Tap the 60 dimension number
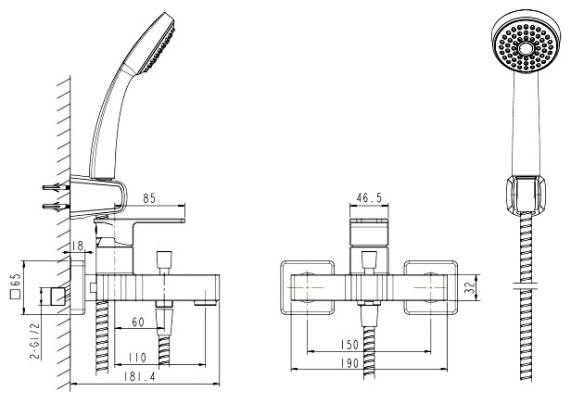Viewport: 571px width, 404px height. coord(136,322)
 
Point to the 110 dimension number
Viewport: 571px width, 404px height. coord(137,357)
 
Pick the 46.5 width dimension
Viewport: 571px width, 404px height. coord(368,198)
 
